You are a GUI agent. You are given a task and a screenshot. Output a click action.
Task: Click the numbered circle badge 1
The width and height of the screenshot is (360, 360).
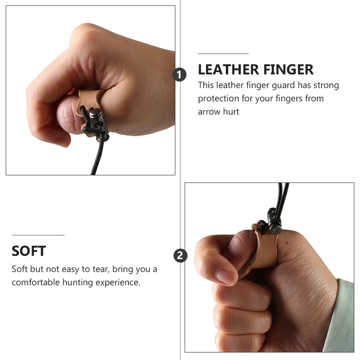[180, 75]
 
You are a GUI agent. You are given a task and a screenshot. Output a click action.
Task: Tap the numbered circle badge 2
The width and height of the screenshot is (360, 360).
[180, 256]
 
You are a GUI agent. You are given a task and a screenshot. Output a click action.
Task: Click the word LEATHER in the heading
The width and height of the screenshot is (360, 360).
[228, 69]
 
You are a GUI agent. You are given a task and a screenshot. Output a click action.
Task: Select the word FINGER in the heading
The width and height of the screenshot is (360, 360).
[288, 69]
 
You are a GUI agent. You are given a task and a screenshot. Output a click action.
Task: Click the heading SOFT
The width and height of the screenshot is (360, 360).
[29, 251]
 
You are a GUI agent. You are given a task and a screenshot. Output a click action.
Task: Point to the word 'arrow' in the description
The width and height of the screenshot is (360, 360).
[209, 112]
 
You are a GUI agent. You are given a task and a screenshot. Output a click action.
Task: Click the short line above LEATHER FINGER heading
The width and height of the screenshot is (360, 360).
[223, 54]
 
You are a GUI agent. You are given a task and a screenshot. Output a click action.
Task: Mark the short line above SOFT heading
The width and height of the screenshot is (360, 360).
[38, 235]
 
